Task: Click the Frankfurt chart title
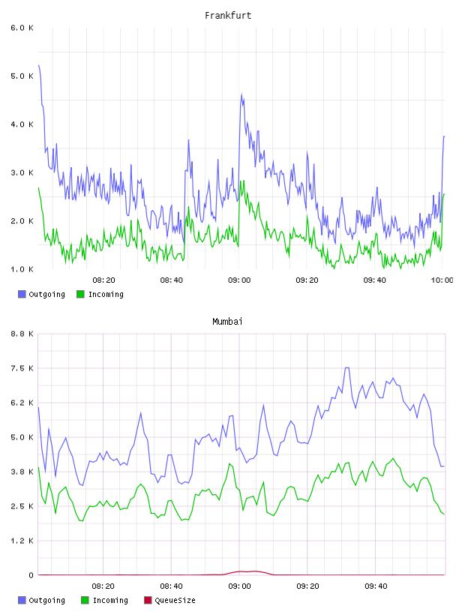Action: tap(228, 16)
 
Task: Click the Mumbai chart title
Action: tap(227, 322)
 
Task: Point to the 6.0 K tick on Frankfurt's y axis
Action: tap(22, 28)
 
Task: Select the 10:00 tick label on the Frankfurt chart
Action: tap(442, 280)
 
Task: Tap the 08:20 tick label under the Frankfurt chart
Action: tap(103, 280)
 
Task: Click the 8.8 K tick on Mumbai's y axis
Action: tap(22, 334)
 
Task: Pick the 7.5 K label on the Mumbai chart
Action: tap(22, 368)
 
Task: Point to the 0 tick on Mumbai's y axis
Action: tap(31, 575)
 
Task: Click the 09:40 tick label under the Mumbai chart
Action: tap(376, 586)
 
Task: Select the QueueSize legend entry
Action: tap(169, 600)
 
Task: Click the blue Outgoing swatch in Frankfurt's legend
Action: tap(22, 294)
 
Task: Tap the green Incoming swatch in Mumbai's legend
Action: tap(85, 600)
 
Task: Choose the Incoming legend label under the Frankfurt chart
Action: tap(106, 294)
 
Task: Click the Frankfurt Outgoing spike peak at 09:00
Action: tap(241, 94)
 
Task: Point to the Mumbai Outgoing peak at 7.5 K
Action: tap(346, 367)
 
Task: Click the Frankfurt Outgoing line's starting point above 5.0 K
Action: tap(39, 65)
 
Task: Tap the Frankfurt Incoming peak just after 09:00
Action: tap(244, 181)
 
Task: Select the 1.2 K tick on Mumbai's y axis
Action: tap(22, 541)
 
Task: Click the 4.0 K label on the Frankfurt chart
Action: tap(22, 124)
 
